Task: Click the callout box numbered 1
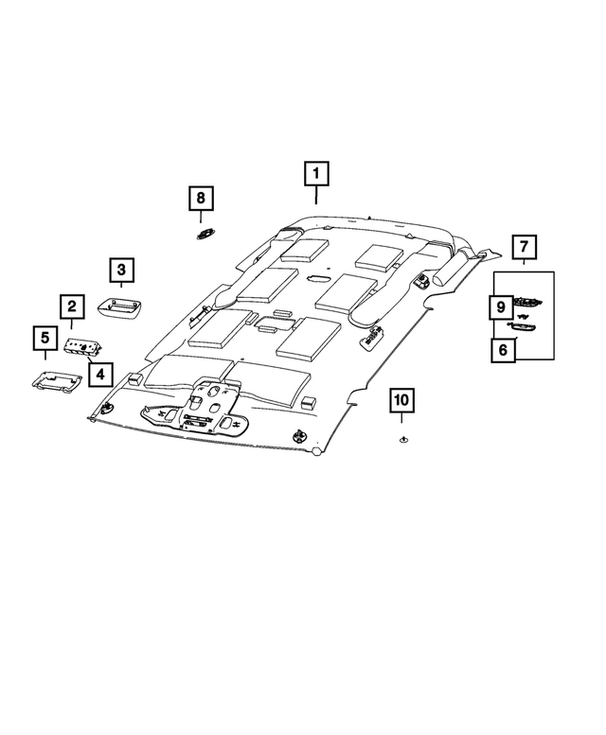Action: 316,174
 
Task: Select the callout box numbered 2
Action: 71,306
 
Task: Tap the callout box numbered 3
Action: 121,271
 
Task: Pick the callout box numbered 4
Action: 99,375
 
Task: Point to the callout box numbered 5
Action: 44,336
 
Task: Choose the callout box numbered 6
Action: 503,349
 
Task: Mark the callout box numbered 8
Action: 201,199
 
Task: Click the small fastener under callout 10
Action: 401,439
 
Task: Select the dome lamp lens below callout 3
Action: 119,306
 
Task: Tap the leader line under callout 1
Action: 316,196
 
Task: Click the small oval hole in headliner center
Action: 317,278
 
